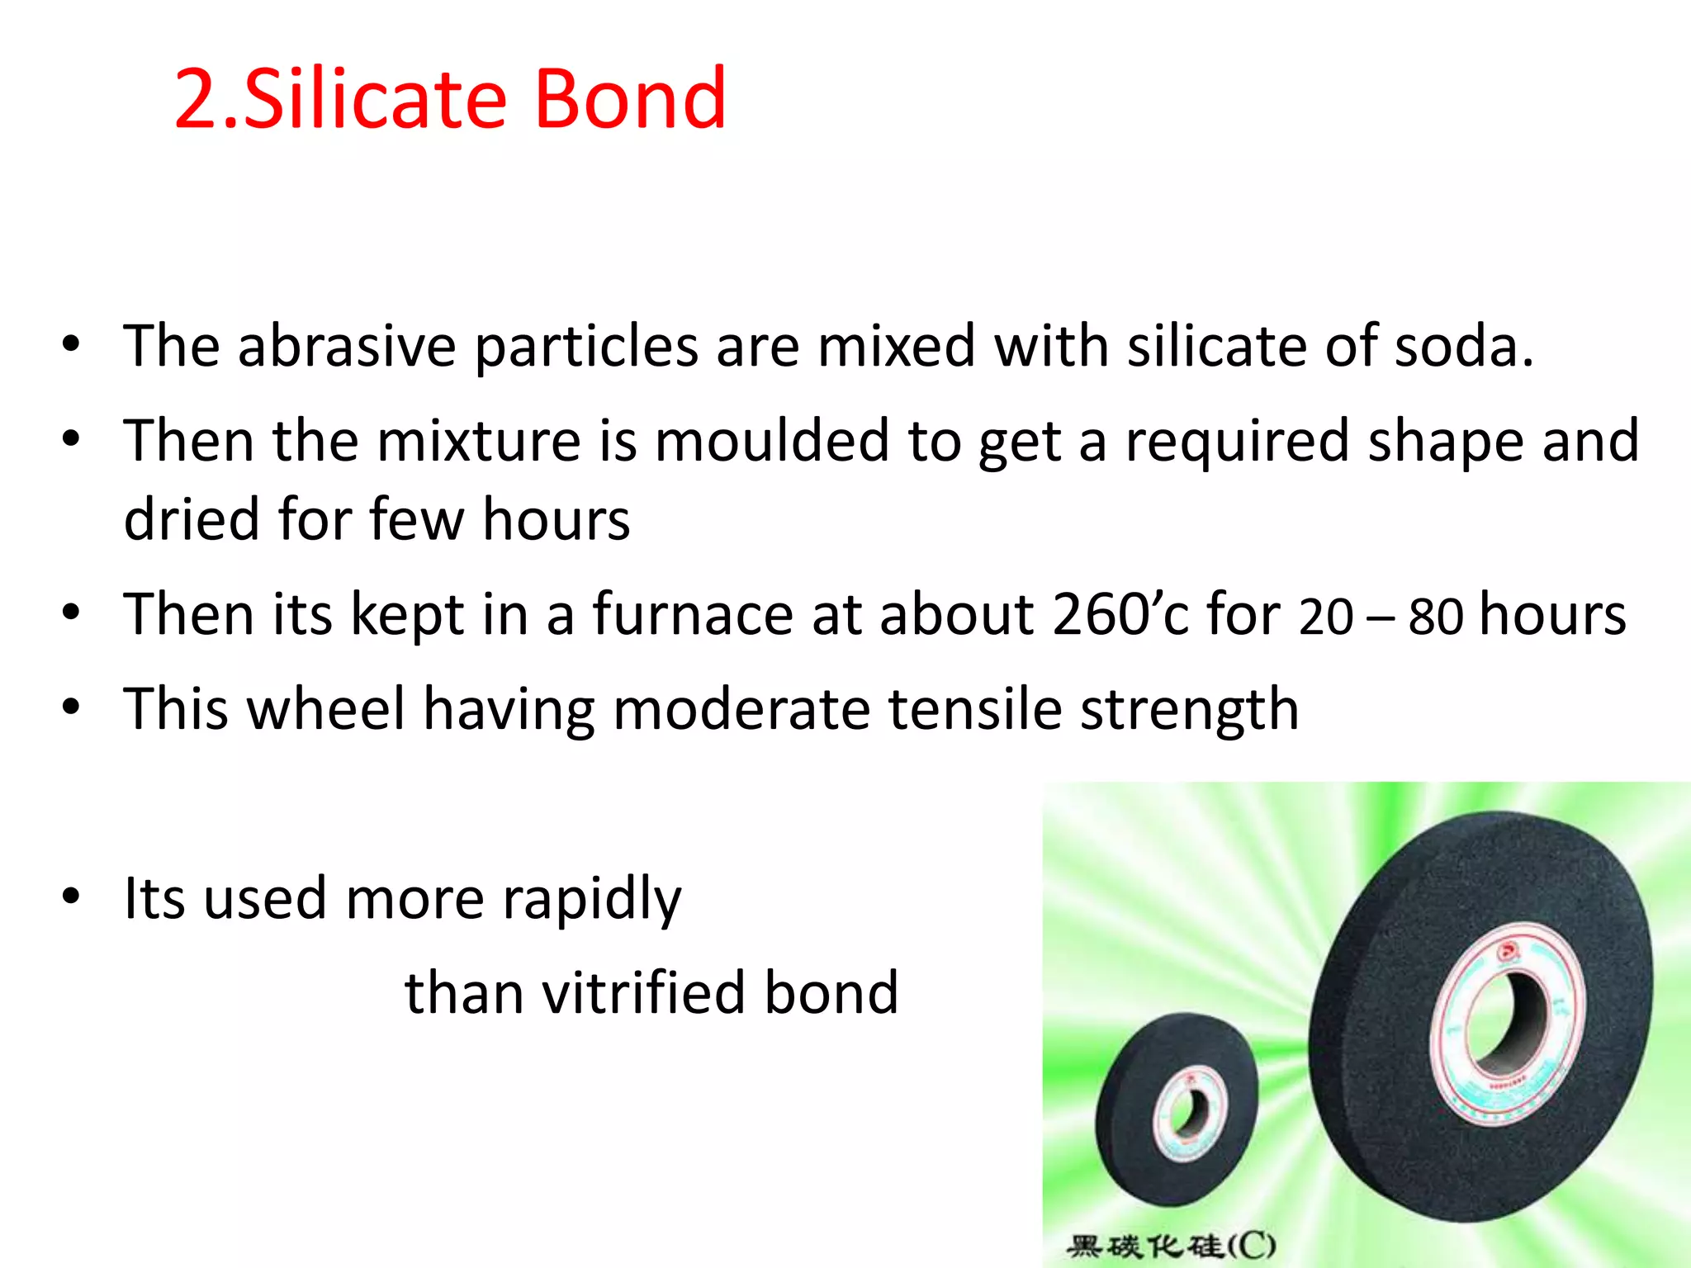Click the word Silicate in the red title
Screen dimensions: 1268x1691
pos(375,99)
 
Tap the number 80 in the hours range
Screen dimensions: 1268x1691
pos(1436,616)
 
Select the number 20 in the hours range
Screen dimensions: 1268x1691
pos(1325,616)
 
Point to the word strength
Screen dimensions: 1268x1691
pos(1189,711)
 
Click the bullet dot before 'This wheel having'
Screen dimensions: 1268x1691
pos(72,707)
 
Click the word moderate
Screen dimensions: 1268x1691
pos(741,709)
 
